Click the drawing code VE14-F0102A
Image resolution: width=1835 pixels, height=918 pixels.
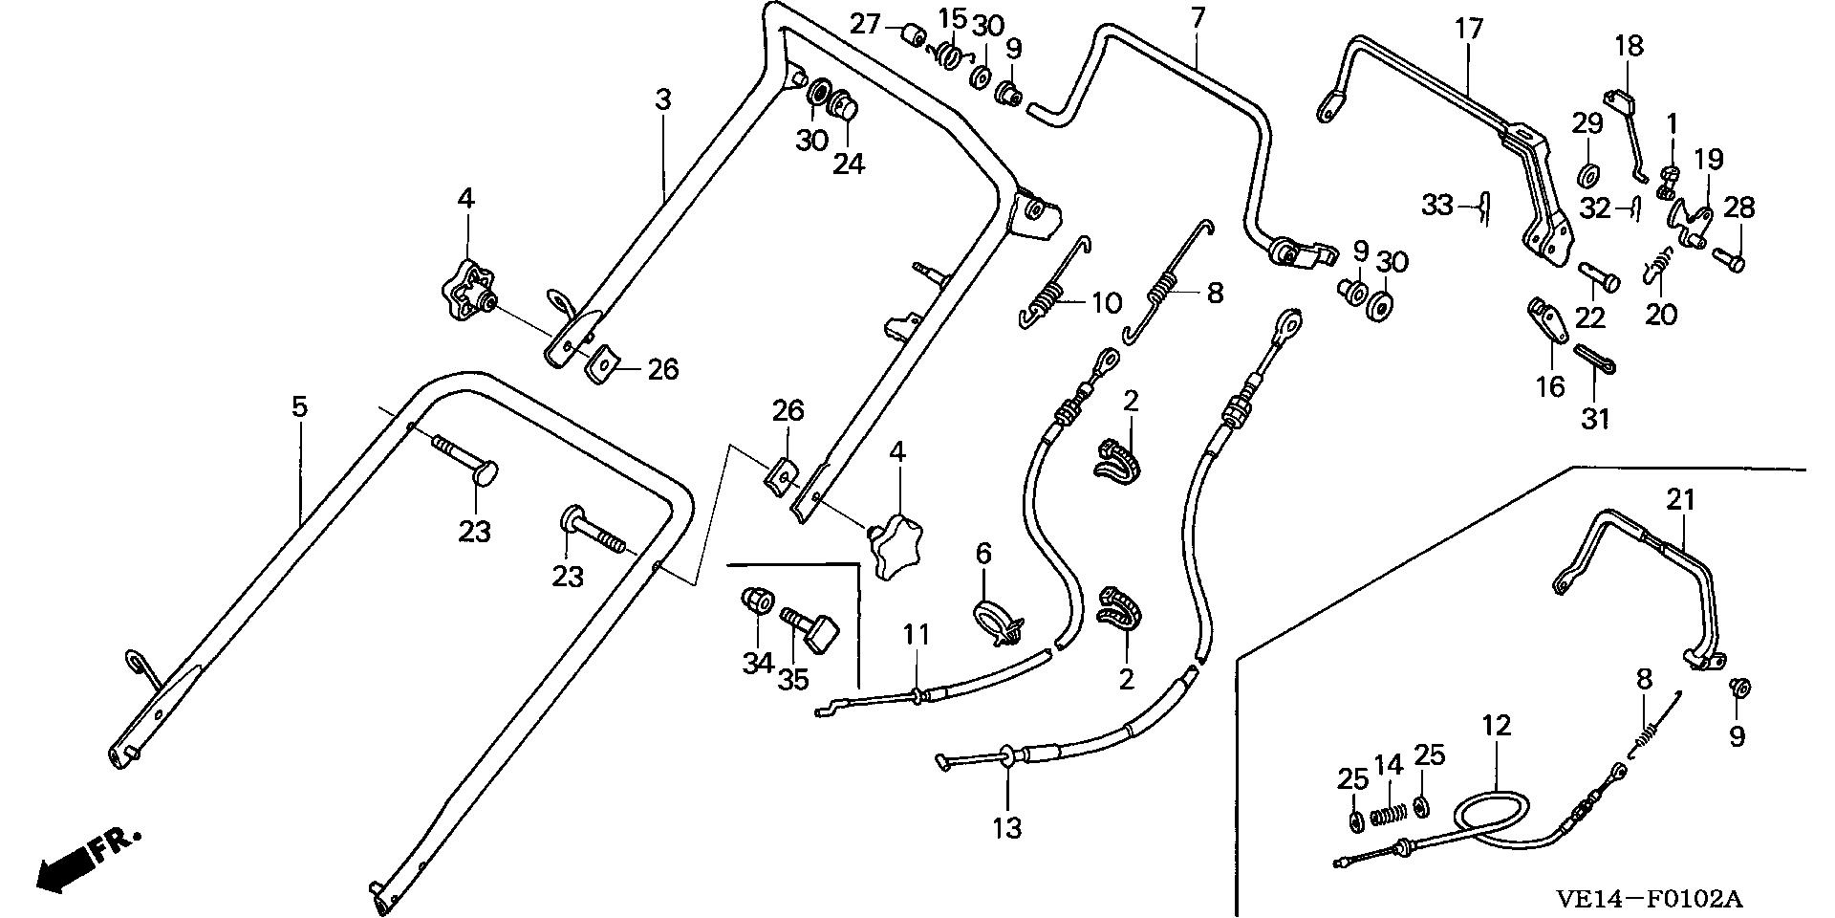pos(1648,899)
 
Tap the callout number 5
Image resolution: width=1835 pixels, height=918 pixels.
pos(300,407)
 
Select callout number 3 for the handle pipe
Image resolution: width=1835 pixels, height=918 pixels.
pos(662,99)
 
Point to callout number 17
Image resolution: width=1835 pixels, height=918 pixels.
pos(1469,29)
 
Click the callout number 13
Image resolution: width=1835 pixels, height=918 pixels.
pos(1007,827)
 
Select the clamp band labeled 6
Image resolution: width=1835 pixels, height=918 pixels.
pos(994,620)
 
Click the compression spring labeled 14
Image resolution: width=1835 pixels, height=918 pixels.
pos(1387,816)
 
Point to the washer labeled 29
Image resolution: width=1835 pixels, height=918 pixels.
pos(1588,176)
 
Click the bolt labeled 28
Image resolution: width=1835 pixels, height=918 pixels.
pos(1731,258)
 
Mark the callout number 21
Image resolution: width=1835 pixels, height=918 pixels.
pos(1681,499)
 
